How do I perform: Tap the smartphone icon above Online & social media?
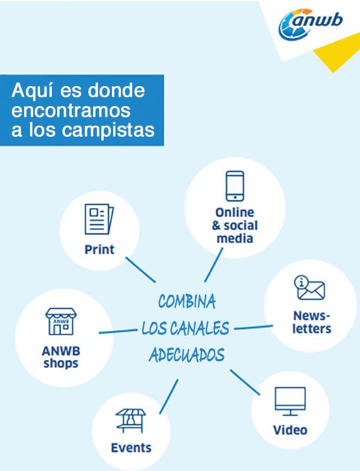click(x=235, y=186)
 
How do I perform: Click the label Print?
click(x=100, y=249)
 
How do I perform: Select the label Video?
click(x=290, y=430)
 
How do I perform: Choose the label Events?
click(x=131, y=447)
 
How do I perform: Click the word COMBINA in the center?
click(x=187, y=302)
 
